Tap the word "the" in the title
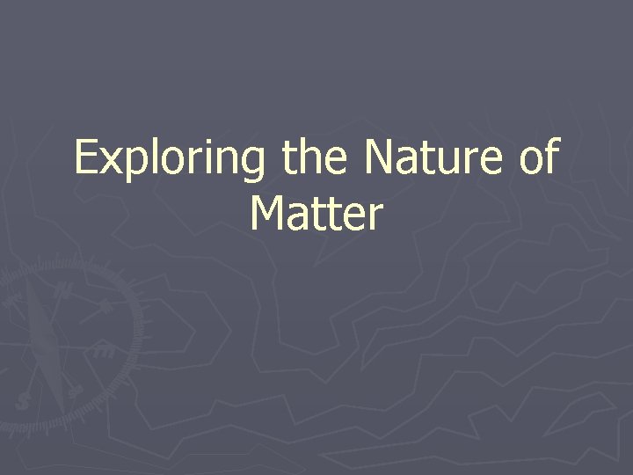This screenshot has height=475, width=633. (x=312, y=158)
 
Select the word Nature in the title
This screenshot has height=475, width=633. (x=429, y=158)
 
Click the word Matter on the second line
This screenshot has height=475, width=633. (x=316, y=214)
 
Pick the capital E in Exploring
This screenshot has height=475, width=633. (x=86, y=158)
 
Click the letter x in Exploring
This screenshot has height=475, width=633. (x=110, y=162)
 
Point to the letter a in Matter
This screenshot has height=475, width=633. (x=301, y=217)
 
